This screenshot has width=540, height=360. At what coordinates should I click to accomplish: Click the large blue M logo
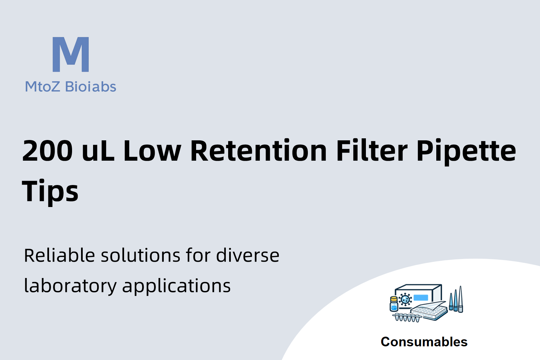click(x=71, y=54)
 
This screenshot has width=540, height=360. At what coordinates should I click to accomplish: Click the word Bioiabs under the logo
click(x=91, y=87)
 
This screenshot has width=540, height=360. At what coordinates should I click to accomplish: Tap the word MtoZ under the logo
click(x=43, y=87)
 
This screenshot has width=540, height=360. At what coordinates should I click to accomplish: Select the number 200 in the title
click(x=47, y=150)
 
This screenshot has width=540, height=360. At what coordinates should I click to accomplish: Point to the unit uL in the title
click(x=98, y=150)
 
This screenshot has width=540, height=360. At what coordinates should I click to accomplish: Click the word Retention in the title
click(x=258, y=150)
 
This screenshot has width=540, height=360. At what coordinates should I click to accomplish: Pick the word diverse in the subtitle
click(x=247, y=255)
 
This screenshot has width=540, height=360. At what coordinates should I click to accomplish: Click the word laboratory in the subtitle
click(x=70, y=286)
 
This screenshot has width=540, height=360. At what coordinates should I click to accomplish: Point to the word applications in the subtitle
click(x=176, y=286)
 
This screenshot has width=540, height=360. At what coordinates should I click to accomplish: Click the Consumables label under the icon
click(x=424, y=342)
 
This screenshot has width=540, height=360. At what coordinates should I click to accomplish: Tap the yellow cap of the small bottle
click(x=394, y=299)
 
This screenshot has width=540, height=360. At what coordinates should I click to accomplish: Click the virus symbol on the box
click(x=405, y=299)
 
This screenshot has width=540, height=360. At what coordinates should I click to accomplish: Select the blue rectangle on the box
click(x=421, y=298)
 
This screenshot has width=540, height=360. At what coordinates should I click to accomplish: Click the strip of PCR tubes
click(x=407, y=317)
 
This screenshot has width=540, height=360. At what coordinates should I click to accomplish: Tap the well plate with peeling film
click(x=429, y=311)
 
